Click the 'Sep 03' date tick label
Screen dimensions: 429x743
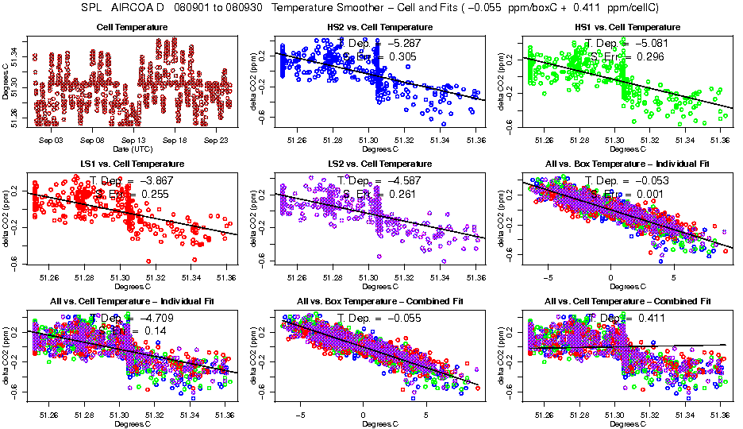click(50, 141)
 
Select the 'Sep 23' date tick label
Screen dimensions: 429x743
click(216, 141)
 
